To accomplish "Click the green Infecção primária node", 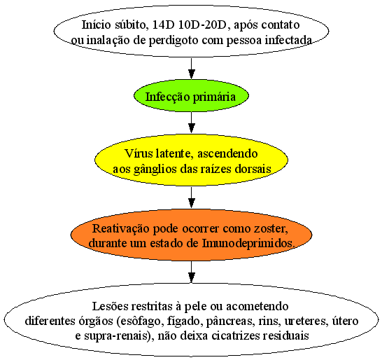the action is coord(191,96).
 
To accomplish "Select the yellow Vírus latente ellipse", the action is coord(191,160).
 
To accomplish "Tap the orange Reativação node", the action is coord(191,235).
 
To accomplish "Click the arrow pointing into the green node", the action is coord(192,69).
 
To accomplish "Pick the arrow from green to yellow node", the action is coord(192,123).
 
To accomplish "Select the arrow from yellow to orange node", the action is coord(192,198).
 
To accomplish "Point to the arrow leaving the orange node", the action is coord(192,272).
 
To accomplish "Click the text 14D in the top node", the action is coord(162,25).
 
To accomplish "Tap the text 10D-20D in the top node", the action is coord(203,25).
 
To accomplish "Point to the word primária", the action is coord(214,97).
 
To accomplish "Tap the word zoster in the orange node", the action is coord(271,229).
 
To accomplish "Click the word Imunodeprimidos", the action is coord(248,244).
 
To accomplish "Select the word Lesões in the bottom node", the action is coord(110,306).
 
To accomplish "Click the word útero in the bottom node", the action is coord(346,321).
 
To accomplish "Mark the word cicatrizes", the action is coord(235,336).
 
